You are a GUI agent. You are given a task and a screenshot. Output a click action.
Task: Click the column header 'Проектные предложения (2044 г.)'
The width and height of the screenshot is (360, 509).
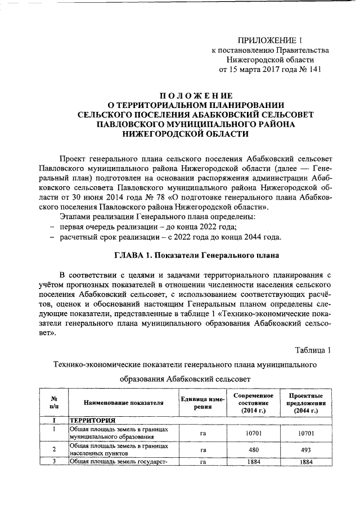pyautogui.click(x=304, y=403)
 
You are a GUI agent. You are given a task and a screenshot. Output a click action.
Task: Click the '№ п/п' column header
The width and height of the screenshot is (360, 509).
pyautogui.click(x=53, y=403)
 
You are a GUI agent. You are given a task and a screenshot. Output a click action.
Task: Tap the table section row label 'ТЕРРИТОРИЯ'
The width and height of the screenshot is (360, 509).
pyautogui.click(x=92, y=420)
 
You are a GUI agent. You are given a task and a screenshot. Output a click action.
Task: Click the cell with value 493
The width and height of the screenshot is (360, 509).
pyautogui.click(x=304, y=450)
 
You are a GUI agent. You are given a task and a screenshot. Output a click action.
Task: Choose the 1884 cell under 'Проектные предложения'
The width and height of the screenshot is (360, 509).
pyautogui.click(x=304, y=462)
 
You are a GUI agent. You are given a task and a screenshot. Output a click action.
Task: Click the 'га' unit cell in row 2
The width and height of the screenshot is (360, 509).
pyautogui.click(x=203, y=450)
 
